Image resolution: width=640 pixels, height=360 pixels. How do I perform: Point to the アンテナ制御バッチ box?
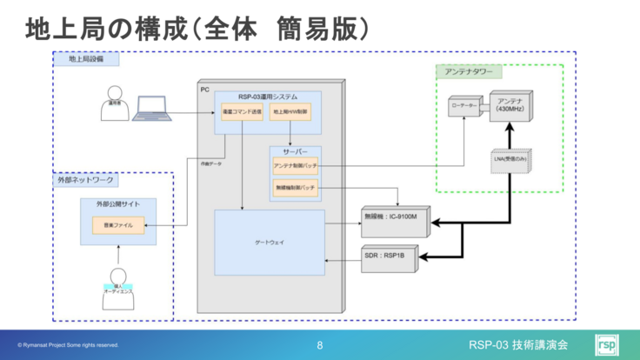point(296,166)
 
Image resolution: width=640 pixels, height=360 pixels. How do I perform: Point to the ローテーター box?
point(463,107)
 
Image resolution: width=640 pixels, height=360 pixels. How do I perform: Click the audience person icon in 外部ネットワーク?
point(117,274)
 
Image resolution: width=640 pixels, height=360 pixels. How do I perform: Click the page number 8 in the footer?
point(320,345)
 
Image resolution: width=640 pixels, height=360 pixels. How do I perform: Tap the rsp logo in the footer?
point(606,344)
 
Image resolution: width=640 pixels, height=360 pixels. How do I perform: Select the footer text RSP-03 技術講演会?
point(517,345)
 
